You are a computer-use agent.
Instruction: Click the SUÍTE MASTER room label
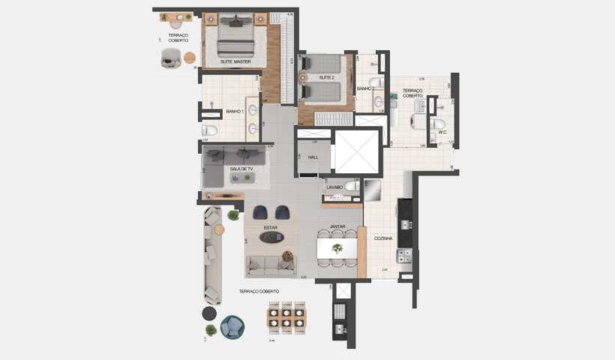pos(235,61)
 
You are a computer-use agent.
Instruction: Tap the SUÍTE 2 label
pos(326,77)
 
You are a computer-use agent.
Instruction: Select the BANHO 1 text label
pos(234,112)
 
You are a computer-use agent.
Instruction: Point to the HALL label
pos(313,157)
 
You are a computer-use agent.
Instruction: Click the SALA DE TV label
pos(241,169)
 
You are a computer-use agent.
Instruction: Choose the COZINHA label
pos(385,238)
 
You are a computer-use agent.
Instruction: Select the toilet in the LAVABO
pos(349,185)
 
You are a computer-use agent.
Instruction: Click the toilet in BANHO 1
pos(211,132)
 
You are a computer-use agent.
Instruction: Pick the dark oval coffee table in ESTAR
pos(271,238)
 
